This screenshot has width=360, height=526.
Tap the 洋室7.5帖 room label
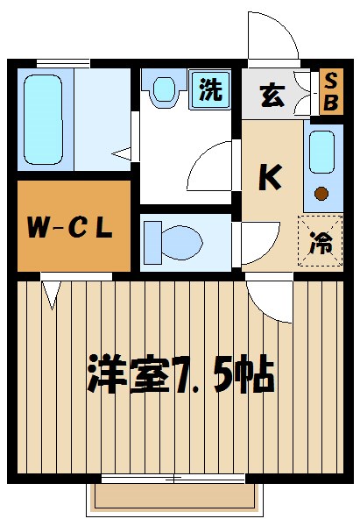coord(180,374)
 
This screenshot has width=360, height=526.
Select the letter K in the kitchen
coord(269,177)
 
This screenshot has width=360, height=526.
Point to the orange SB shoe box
coord(331,91)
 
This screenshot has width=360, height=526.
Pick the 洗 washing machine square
coord(210,89)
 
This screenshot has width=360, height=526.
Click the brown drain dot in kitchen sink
coord(321,193)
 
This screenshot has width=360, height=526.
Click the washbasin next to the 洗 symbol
coord(165,89)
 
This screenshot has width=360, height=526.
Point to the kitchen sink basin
coord(321,154)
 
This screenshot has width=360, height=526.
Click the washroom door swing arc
coord(211,162)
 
